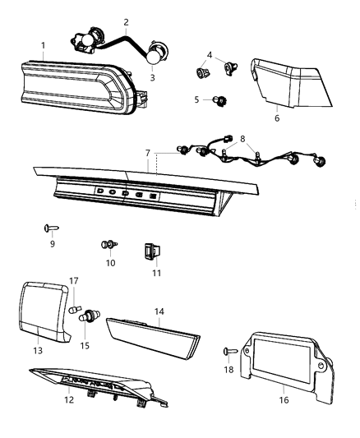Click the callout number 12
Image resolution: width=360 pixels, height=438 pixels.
[69, 400]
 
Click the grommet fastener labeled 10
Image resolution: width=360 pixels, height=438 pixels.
[108, 244]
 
